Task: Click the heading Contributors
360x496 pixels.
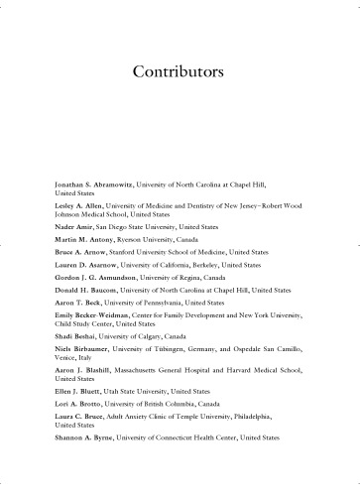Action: pyautogui.click(x=180, y=72)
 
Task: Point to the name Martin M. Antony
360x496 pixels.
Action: pyautogui.click(x=81, y=241)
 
